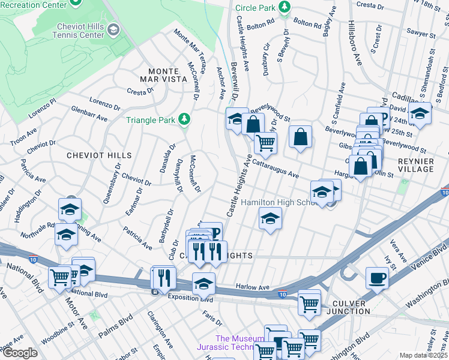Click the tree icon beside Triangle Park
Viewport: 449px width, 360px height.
[184, 119]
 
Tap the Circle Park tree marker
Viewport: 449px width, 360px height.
[285, 8]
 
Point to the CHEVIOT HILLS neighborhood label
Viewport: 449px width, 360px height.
[100, 155]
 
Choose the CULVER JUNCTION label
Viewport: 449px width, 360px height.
[348, 307]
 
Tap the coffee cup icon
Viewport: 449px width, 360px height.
[377, 278]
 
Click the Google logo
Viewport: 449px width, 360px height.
[20, 353]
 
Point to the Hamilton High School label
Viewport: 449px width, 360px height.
[279, 203]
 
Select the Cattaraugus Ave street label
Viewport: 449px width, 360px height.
[275, 167]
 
